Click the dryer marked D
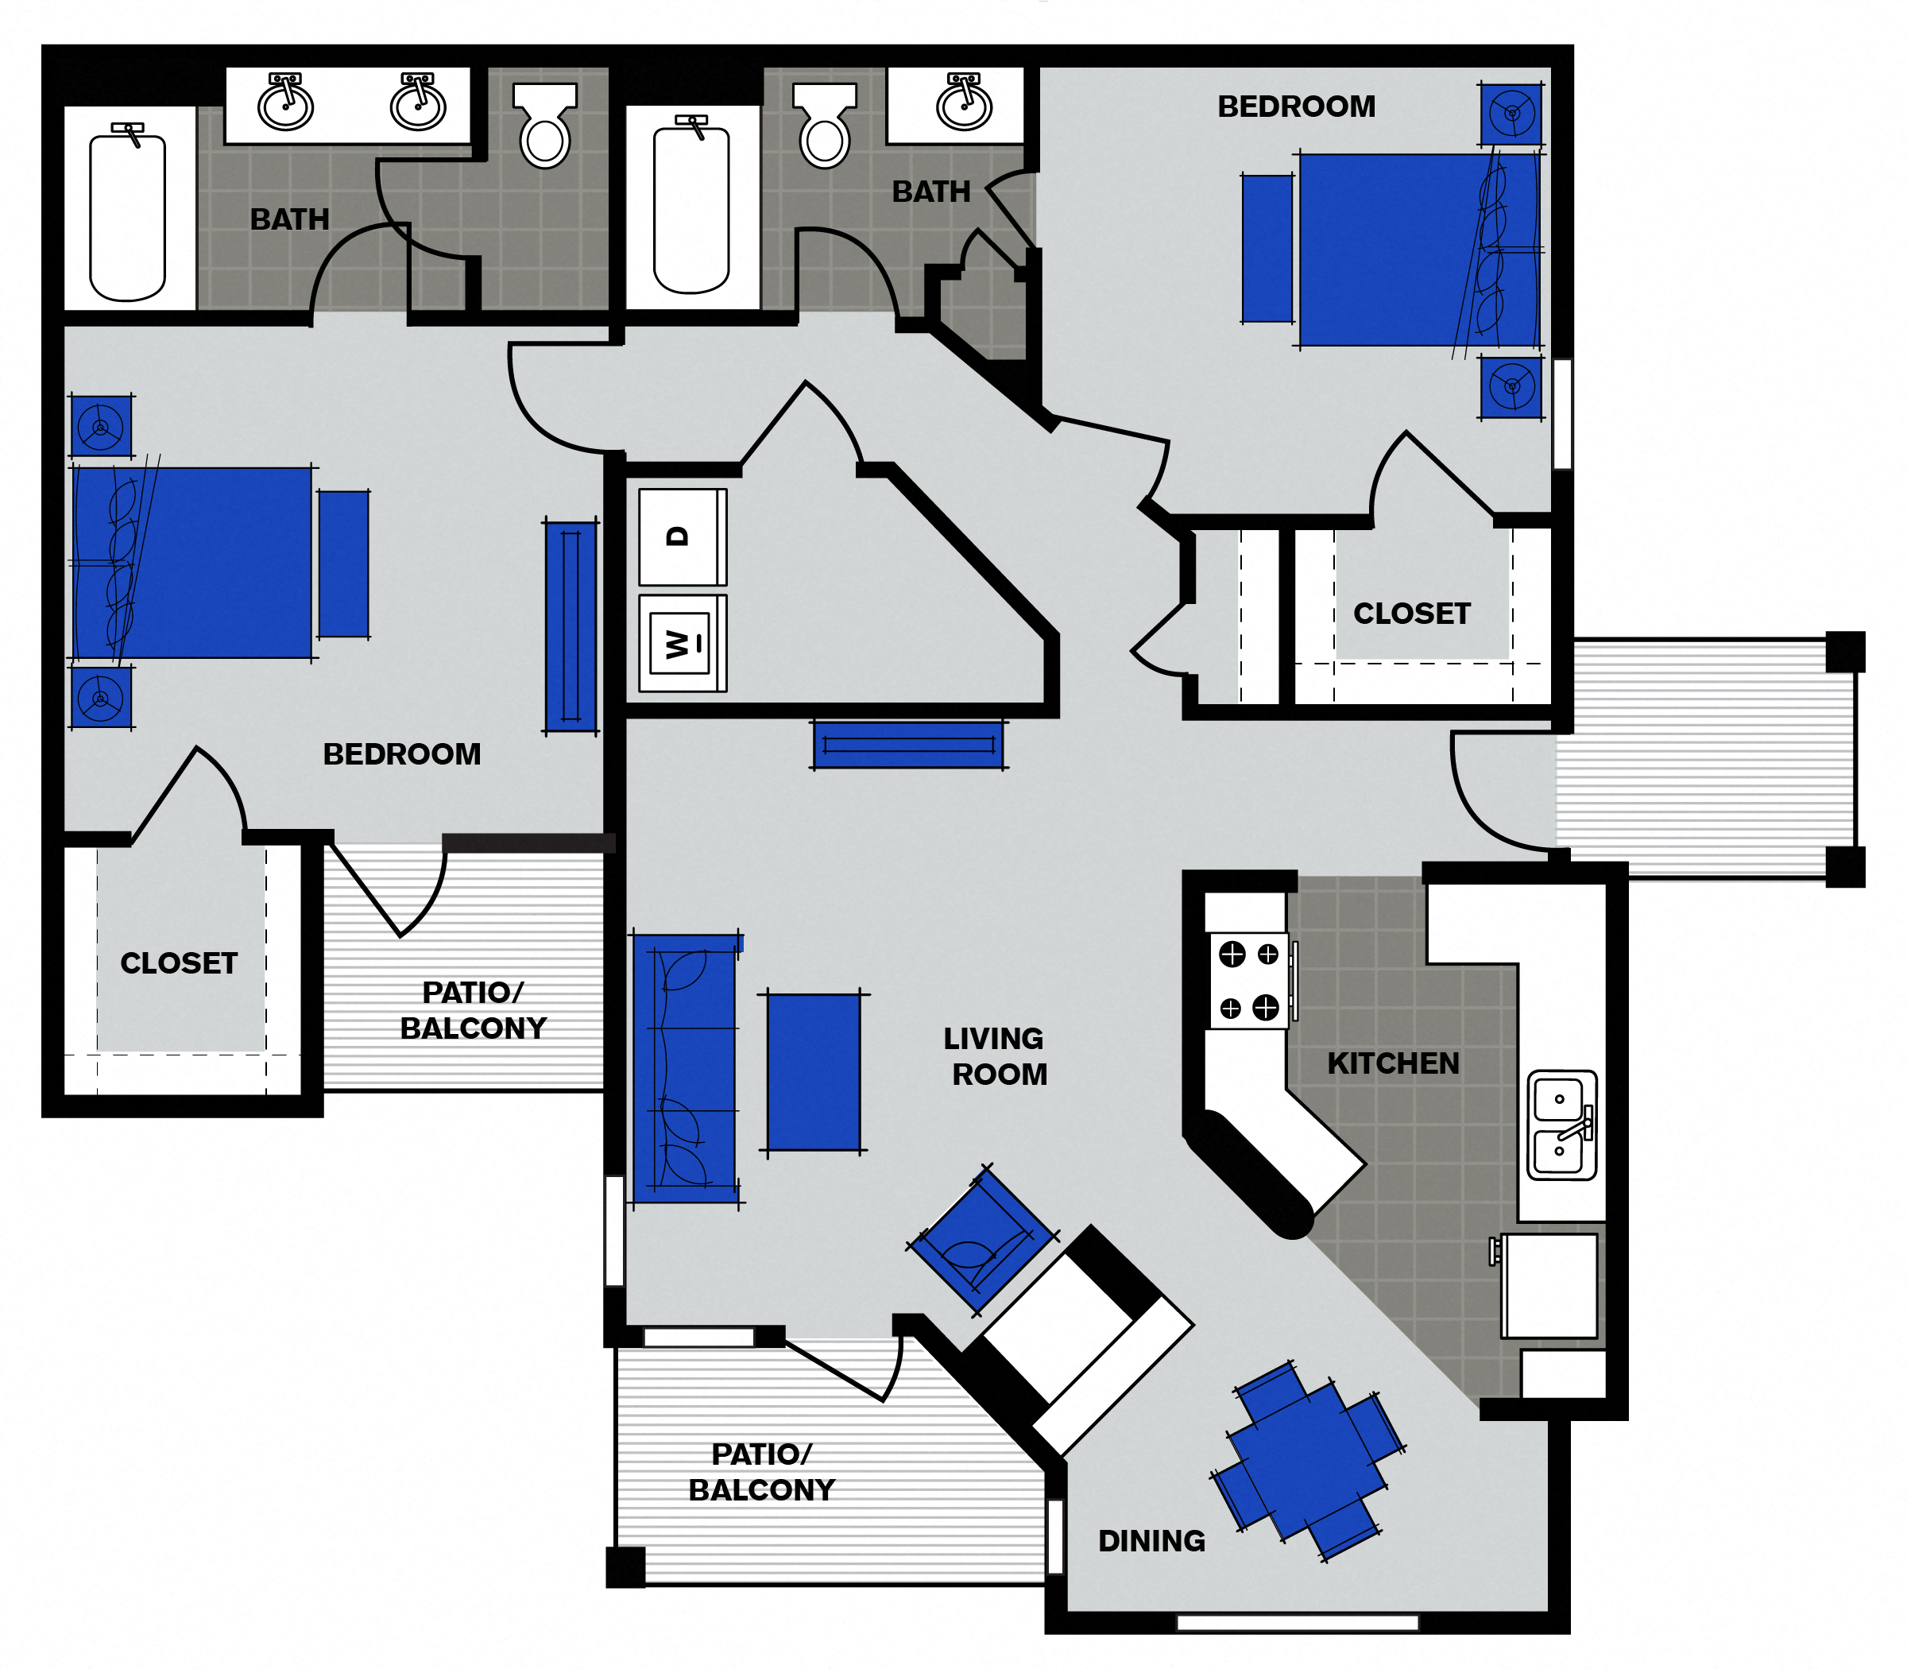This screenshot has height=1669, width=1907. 682,536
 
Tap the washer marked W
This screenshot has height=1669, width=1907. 682,643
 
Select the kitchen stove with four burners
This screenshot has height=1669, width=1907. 1248,981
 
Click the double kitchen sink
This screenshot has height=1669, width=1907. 1561,1125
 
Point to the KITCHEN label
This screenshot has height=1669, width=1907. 1392,1063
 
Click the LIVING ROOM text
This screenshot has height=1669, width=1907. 995,1056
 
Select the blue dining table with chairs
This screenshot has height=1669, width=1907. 1308,1461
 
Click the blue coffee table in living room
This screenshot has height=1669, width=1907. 813,1072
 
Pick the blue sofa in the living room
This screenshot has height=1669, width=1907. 685,1069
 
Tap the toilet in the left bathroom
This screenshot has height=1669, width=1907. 545,126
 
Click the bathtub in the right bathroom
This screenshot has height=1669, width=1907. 691,210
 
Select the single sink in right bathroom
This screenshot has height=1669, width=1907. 964,103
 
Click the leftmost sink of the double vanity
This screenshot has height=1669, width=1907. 285,103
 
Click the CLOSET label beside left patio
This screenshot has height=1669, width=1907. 179,963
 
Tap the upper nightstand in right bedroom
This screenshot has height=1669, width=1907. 1511,114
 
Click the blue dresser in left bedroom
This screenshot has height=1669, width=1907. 570,626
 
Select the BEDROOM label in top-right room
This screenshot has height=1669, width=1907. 1295,107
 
